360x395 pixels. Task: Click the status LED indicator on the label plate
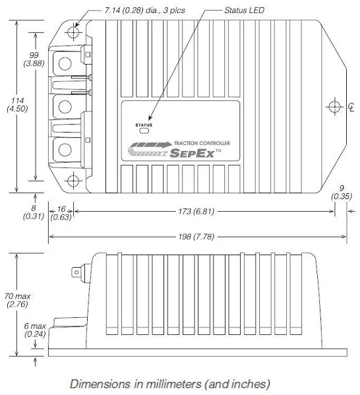pos(143,131)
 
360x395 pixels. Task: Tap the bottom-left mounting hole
pos(75,181)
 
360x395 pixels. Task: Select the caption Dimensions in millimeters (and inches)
pos(169,383)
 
